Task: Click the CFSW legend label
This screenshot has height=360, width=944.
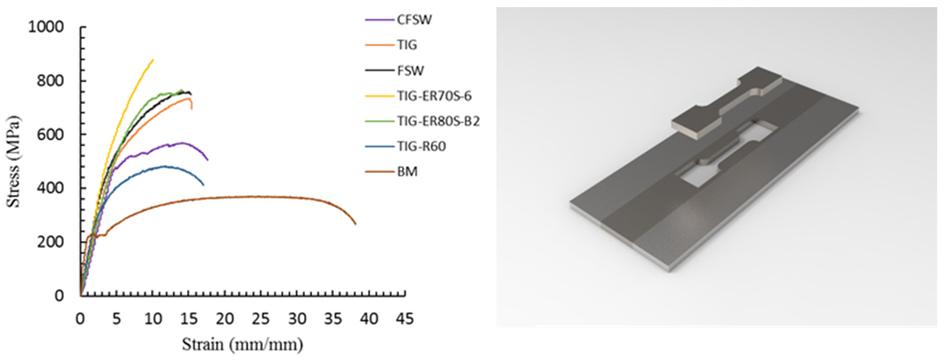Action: coord(414,20)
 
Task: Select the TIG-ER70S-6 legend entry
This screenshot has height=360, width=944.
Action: coord(434,96)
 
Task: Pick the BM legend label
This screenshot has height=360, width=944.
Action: coord(407,172)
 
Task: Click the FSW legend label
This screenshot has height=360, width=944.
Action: coord(410,70)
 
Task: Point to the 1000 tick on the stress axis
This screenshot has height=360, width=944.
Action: coord(46,27)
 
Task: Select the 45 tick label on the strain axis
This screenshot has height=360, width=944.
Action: coord(405,319)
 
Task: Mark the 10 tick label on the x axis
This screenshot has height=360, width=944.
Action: coord(153,319)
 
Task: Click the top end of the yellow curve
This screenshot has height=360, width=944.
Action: coord(153,59)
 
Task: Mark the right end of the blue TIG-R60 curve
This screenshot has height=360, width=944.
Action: coord(204,185)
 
